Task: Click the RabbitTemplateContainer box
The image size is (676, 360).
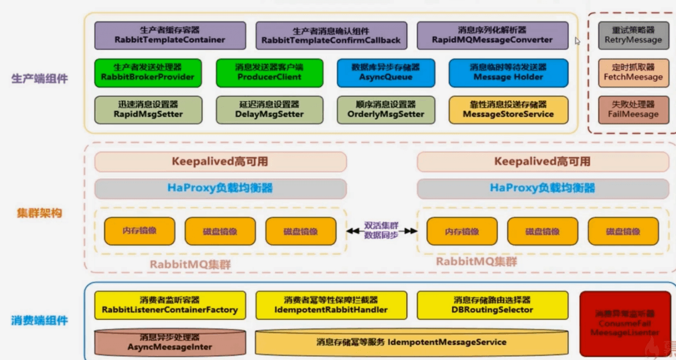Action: pos(170,35)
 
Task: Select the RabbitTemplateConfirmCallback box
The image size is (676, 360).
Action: pos(331,35)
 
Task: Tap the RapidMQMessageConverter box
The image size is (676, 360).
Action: pos(492,35)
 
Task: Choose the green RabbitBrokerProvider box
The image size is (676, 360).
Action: pos(147,72)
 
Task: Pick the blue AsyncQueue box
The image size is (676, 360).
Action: pos(385,72)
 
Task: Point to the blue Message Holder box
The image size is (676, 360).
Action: pos(508,72)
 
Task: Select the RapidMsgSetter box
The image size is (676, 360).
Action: pos(148,109)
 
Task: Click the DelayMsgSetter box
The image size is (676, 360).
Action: pos(269,109)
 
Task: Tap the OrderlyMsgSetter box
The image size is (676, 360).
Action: pos(386,109)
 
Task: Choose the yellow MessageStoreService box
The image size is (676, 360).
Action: pos(508,109)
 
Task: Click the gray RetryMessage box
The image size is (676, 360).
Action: pos(633,35)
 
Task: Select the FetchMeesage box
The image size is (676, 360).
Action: pos(633,72)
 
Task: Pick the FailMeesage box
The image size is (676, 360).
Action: pos(633,109)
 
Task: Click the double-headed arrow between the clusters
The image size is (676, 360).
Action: pos(381,231)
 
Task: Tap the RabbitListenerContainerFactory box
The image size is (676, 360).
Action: pos(170,305)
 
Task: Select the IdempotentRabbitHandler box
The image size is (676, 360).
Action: pos(331,305)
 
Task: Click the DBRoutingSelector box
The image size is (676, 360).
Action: pos(492,305)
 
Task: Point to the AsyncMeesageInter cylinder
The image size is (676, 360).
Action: pos(170,343)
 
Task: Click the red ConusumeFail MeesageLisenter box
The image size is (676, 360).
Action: pos(625,323)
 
